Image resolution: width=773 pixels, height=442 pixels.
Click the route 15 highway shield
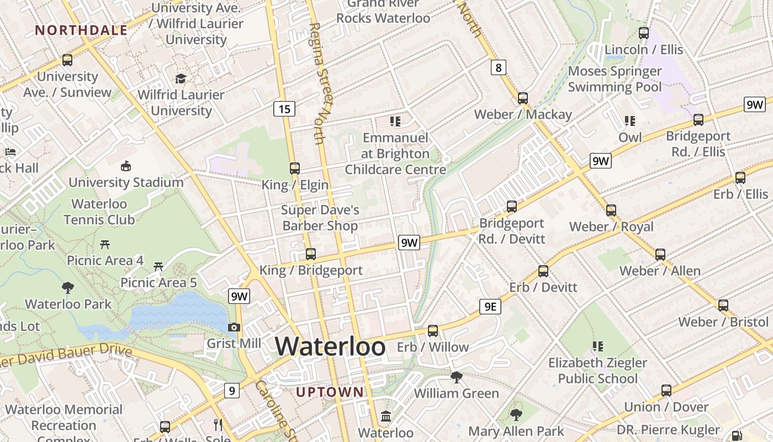click(284, 109)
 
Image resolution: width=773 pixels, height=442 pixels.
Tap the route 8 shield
click(499, 67)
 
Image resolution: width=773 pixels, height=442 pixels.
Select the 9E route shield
click(490, 307)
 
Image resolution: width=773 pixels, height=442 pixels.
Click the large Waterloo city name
click(330, 346)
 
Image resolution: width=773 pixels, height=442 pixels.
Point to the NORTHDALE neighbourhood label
click(81, 30)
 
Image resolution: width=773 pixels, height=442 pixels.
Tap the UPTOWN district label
click(330, 392)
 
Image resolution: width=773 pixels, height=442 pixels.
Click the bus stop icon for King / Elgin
click(295, 169)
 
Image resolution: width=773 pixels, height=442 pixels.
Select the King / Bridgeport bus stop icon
click(311, 254)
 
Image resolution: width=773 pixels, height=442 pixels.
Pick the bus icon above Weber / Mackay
click(523, 98)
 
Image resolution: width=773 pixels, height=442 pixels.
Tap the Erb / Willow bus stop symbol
click(433, 331)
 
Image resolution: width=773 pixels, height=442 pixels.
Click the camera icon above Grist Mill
click(234, 327)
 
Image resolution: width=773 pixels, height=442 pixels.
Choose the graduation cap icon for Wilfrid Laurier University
click(181, 78)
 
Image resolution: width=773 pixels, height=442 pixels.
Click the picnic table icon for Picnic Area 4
click(105, 244)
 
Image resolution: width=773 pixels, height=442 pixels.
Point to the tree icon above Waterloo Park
click(68, 287)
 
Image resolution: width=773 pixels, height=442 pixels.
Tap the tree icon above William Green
click(456, 377)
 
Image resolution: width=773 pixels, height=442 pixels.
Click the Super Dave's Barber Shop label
click(320, 218)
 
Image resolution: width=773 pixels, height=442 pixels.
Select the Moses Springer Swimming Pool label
click(615, 79)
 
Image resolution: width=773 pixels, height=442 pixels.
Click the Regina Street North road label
click(322, 83)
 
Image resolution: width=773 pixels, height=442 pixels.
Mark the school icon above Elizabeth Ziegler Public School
click(597, 346)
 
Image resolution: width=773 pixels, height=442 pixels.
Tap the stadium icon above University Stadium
click(126, 166)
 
